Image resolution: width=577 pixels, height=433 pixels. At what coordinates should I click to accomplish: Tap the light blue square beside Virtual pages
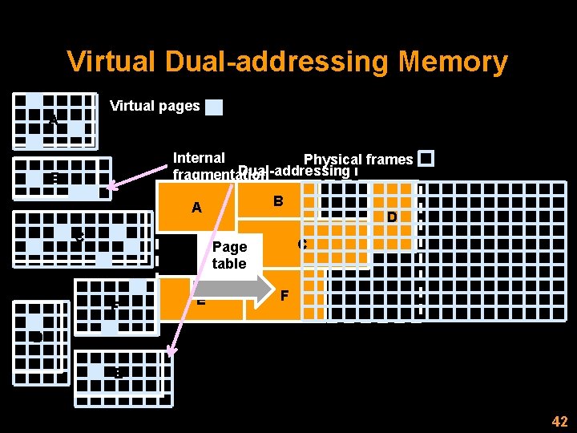click(214, 107)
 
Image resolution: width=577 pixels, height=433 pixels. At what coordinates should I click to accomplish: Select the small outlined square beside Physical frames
click(426, 159)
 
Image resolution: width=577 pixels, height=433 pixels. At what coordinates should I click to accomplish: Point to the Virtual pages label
click(155, 106)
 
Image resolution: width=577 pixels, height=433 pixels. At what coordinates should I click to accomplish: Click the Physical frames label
click(358, 160)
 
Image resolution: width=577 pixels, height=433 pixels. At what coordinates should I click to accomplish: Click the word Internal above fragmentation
click(199, 158)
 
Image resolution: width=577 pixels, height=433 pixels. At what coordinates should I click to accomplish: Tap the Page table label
click(229, 255)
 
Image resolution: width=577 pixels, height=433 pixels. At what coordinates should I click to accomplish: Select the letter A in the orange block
click(196, 208)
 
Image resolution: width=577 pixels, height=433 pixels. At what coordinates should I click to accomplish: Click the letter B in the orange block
click(278, 200)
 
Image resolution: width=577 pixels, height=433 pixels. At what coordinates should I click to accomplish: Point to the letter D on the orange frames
click(392, 217)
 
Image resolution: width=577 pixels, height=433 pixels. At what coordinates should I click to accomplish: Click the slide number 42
click(559, 422)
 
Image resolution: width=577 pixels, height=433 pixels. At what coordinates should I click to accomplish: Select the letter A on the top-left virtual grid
click(53, 121)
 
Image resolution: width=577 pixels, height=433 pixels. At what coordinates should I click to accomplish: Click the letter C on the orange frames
click(302, 244)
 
